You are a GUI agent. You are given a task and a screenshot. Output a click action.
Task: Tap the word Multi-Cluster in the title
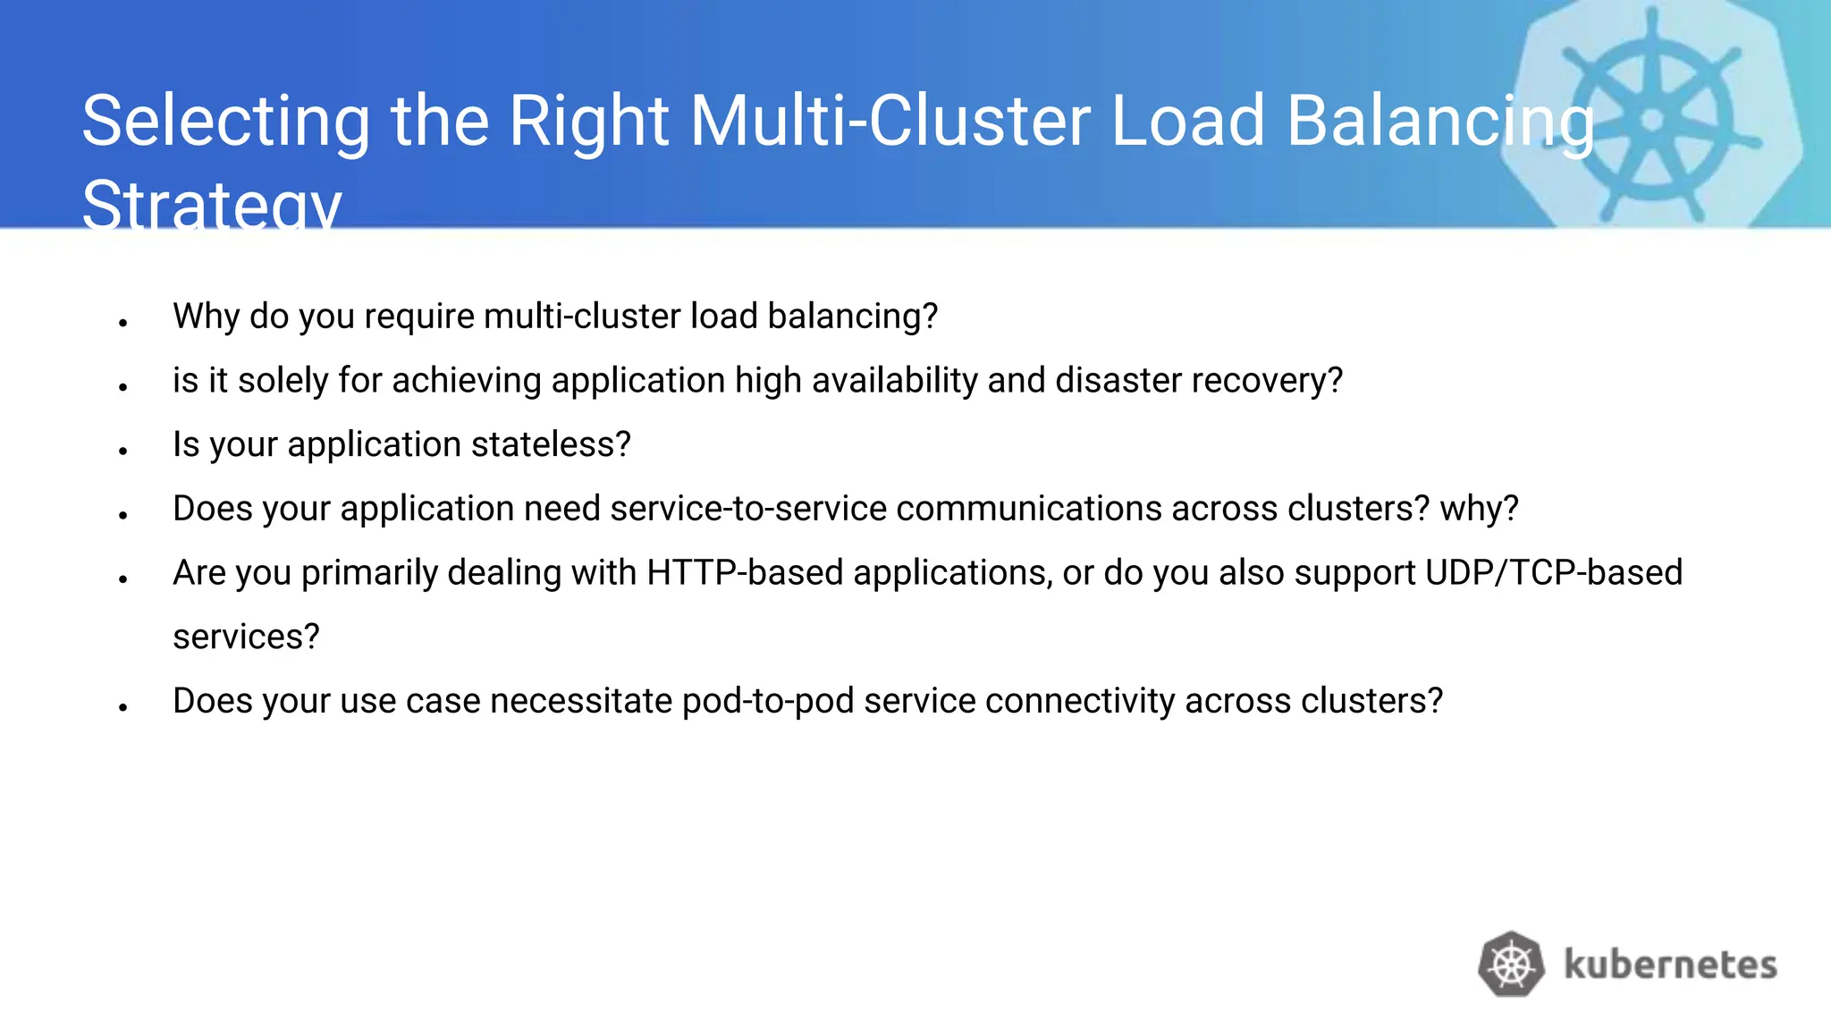(x=890, y=121)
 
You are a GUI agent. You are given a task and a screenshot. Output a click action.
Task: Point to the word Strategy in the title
(x=212, y=204)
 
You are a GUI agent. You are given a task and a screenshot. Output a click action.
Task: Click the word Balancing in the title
(x=1439, y=122)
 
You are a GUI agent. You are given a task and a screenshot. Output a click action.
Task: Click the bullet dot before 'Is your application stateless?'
(x=123, y=451)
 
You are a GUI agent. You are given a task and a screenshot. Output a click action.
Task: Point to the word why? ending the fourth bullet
(x=1479, y=509)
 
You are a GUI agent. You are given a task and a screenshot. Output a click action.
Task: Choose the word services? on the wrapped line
(x=246, y=637)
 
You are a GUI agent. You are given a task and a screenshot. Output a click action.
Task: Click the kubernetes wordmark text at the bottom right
(x=1670, y=965)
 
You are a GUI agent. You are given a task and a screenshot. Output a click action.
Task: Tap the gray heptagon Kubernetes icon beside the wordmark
(x=1511, y=965)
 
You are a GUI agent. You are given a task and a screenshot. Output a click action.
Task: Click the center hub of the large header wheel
(x=1652, y=119)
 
